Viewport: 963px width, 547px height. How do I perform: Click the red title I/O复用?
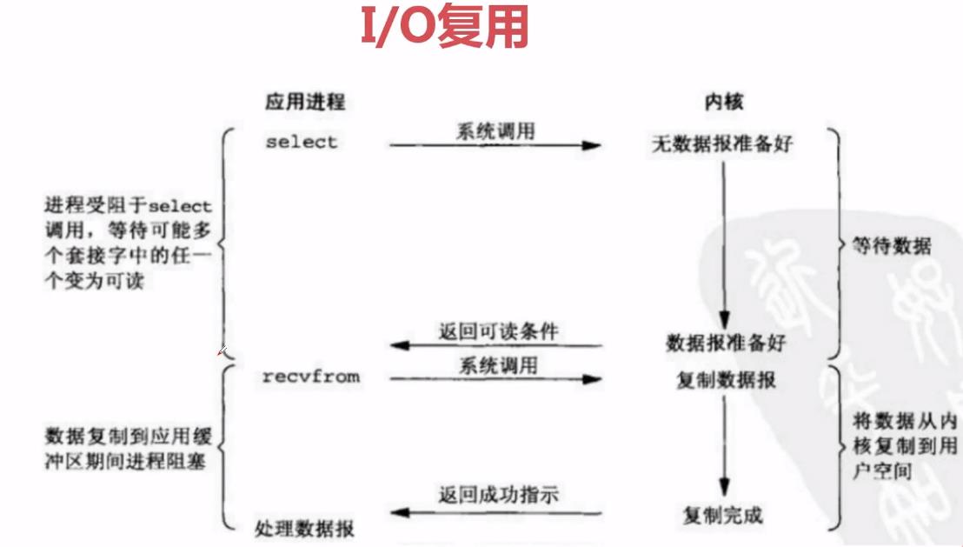[x=444, y=30]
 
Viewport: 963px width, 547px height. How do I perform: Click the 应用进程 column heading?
[x=305, y=102]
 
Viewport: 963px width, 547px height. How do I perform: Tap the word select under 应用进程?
[x=301, y=142]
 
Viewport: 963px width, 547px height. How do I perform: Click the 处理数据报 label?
[x=304, y=528]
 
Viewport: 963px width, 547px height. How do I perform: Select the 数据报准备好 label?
[x=726, y=343]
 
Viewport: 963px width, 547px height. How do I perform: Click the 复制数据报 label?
[x=726, y=381]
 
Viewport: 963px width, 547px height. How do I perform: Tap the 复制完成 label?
[x=722, y=515]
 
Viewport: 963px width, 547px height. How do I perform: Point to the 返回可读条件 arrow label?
[x=498, y=330]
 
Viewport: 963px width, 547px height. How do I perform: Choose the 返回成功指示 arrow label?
[x=498, y=496]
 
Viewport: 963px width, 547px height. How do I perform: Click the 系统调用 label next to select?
[x=496, y=131]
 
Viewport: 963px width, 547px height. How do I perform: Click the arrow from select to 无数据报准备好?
[x=495, y=145]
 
